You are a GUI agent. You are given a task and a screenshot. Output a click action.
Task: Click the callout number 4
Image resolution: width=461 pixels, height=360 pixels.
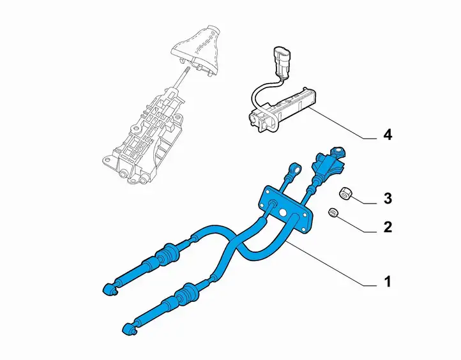pos(388,135)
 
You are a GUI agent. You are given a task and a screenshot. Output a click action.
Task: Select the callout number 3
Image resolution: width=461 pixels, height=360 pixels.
pos(388,199)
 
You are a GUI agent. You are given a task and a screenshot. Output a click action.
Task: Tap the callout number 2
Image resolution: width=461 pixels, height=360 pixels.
pos(388,227)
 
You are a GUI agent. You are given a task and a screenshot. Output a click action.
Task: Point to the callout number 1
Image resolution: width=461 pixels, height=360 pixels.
pos(388,281)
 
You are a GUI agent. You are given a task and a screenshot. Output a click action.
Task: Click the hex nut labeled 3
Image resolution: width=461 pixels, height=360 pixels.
pos(344,193)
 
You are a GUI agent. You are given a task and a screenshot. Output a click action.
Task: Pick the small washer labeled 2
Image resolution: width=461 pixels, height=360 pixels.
pos(333,212)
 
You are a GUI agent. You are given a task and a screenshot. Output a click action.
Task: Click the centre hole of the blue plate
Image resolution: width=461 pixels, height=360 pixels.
pos(283,213)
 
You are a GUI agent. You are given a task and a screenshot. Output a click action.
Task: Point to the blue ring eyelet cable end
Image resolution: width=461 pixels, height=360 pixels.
pos(295,169)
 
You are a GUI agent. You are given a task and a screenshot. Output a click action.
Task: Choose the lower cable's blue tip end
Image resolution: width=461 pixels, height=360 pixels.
pos(129,329)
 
